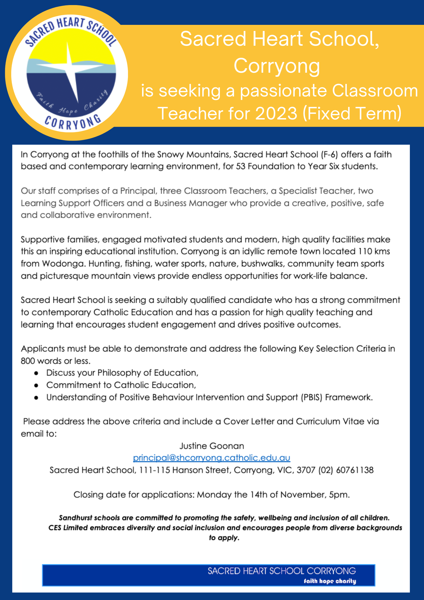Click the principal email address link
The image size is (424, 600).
tap(211, 458)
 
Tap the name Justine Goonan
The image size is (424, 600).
tap(212, 446)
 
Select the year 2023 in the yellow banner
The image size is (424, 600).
tap(276, 113)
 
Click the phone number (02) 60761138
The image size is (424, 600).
tap(346, 470)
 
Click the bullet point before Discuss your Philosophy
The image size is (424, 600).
tap(36, 373)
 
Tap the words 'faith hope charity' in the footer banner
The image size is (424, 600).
tap(330, 581)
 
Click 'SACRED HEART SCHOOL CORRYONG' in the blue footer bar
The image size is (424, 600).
tap(282, 571)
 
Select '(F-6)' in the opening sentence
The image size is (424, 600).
tap(329, 154)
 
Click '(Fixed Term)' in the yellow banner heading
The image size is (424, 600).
tap(352, 113)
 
